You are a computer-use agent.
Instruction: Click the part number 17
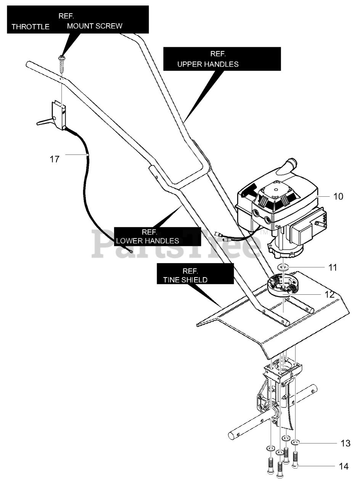coord(55,159)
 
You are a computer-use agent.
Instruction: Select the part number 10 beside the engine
coord(338,196)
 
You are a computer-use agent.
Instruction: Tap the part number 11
coord(333,268)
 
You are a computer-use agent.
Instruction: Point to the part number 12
coord(329,295)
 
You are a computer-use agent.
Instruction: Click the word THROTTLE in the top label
coord(31,27)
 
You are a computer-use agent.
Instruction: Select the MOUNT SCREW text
coord(95,26)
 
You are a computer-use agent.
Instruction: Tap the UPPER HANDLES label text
coord(208,64)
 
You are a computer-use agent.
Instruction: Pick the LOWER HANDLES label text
coord(148,241)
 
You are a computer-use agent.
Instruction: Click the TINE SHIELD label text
coord(185,280)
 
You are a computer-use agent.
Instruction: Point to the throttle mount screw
coord(62,65)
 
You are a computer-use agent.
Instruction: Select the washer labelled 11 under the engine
coord(283,266)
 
